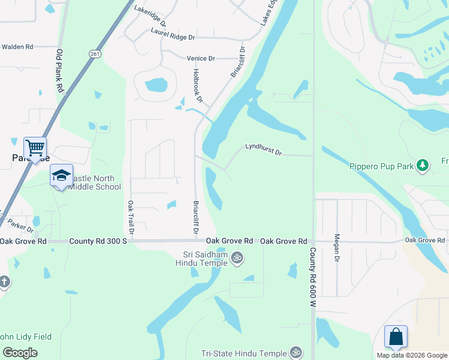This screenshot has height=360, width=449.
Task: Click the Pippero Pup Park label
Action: point(382,166)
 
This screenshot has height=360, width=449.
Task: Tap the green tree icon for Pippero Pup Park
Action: point(423,164)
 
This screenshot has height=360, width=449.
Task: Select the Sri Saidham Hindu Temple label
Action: point(202,257)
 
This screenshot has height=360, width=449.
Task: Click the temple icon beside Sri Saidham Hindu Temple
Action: point(237,257)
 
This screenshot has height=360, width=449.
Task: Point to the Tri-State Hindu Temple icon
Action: point(295,352)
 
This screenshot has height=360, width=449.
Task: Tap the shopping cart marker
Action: point(35,148)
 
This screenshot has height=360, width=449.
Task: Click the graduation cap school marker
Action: point(61,175)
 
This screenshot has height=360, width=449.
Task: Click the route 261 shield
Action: point(95,54)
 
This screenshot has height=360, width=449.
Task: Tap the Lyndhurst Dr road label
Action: point(263,149)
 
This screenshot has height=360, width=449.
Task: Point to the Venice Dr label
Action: point(200,58)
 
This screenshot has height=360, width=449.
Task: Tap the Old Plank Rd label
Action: point(60,70)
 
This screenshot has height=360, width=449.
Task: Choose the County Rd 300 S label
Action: point(98,241)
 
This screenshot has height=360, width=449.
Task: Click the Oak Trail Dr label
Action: point(130,217)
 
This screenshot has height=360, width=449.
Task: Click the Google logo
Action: point(20,352)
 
